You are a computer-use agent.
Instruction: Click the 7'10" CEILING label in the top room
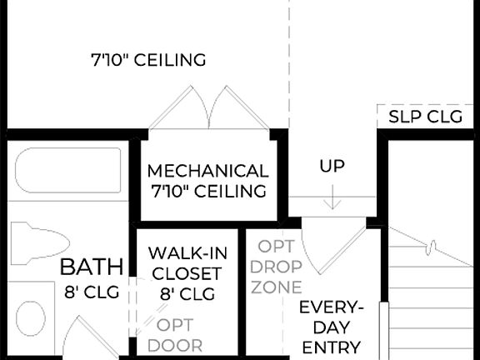pyautogui.click(x=148, y=61)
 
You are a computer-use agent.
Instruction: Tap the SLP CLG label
pyautogui.click(x=425, y=117)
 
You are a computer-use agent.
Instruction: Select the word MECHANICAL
pyautogui.click(x=207, y=171)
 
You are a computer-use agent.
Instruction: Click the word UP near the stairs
pyautogui.click(x=332, y=166)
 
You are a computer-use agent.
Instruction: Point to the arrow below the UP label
pyautogui.click(x=332, y=197)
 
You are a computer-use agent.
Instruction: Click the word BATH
pyautogui.click(x=92, y=267)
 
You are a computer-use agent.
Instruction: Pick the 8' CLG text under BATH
pyautogui.click(x=92, y=292)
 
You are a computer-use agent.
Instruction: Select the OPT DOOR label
pyautogui.click(x=181, y=334)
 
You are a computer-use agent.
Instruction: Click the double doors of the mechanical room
pyautogui.click(x=208, y=108)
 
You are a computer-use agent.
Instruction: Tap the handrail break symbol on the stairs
pyautogui.click(x=431, y=247)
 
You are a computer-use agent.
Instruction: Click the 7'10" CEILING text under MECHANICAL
pyautogui.click(x=207, y=191)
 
